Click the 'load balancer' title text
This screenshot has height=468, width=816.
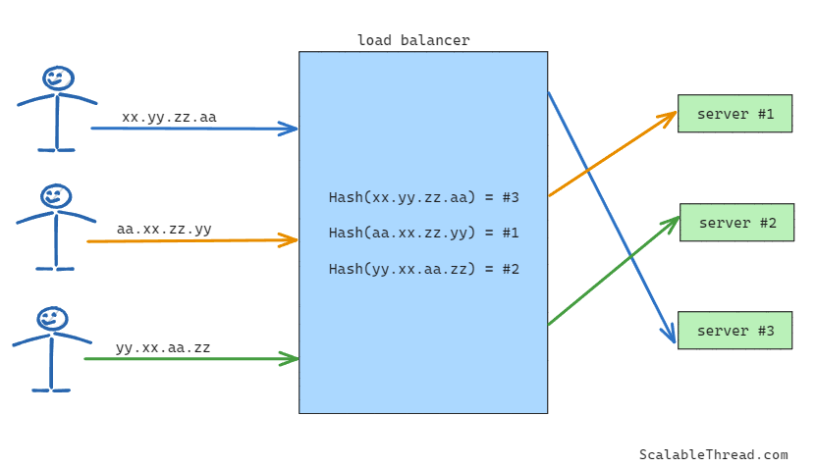[413, 40]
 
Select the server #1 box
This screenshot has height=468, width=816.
[734, 114]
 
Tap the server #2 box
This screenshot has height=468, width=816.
[736, 223]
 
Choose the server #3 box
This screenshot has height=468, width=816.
[734, 331]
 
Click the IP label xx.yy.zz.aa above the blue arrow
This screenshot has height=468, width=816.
[169, 118]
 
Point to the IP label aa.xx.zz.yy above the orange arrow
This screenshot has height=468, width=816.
[164, 230]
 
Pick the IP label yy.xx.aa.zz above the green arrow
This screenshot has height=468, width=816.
[163, 347]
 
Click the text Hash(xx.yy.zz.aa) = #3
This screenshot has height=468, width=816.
[423, 197]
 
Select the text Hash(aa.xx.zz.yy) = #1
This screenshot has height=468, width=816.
[423, 233]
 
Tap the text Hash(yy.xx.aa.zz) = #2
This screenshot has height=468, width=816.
[423, 269]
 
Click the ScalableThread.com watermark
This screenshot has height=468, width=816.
[713, 454]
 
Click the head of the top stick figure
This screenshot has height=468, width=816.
[57, 78]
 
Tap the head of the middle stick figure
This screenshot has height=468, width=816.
[56, 196]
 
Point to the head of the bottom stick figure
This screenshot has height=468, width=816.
[52, 319]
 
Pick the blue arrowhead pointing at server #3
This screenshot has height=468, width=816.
[672, 338]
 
